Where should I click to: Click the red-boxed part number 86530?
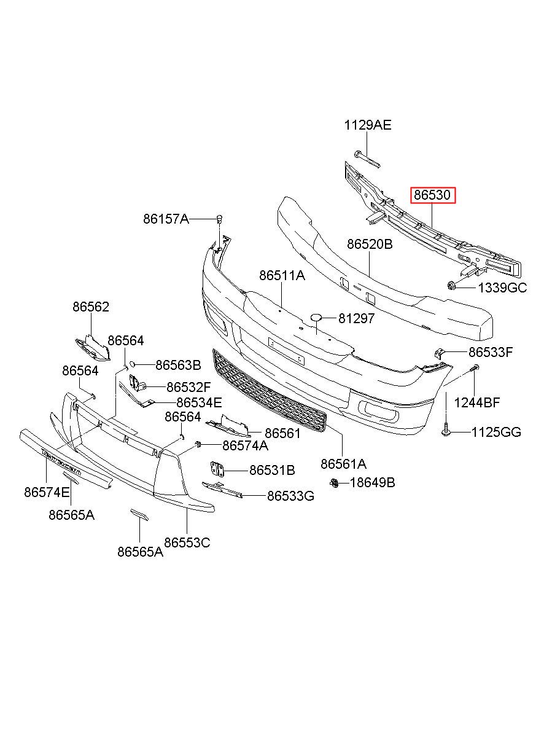tap(433, 196)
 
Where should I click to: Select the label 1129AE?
tap(367, 126)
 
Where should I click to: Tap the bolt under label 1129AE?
tap(367, 159)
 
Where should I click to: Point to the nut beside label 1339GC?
tap(451, 285)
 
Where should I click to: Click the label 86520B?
tap(370, 244)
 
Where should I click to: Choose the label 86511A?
tap(282, 276)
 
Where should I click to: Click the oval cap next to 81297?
tap(316, 318)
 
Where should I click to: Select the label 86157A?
tap(166, 218)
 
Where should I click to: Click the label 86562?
tap(91, 307)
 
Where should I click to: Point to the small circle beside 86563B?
tap(131, 364)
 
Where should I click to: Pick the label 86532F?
tap(188, 387)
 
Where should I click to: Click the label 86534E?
tap(198, 403)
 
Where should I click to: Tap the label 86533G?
tap(290, 495)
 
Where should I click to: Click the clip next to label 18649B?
tap(334, 483)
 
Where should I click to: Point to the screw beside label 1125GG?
tap(446, 432)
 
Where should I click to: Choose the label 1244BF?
tap(477, 403)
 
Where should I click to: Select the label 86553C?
tap(187, 542)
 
